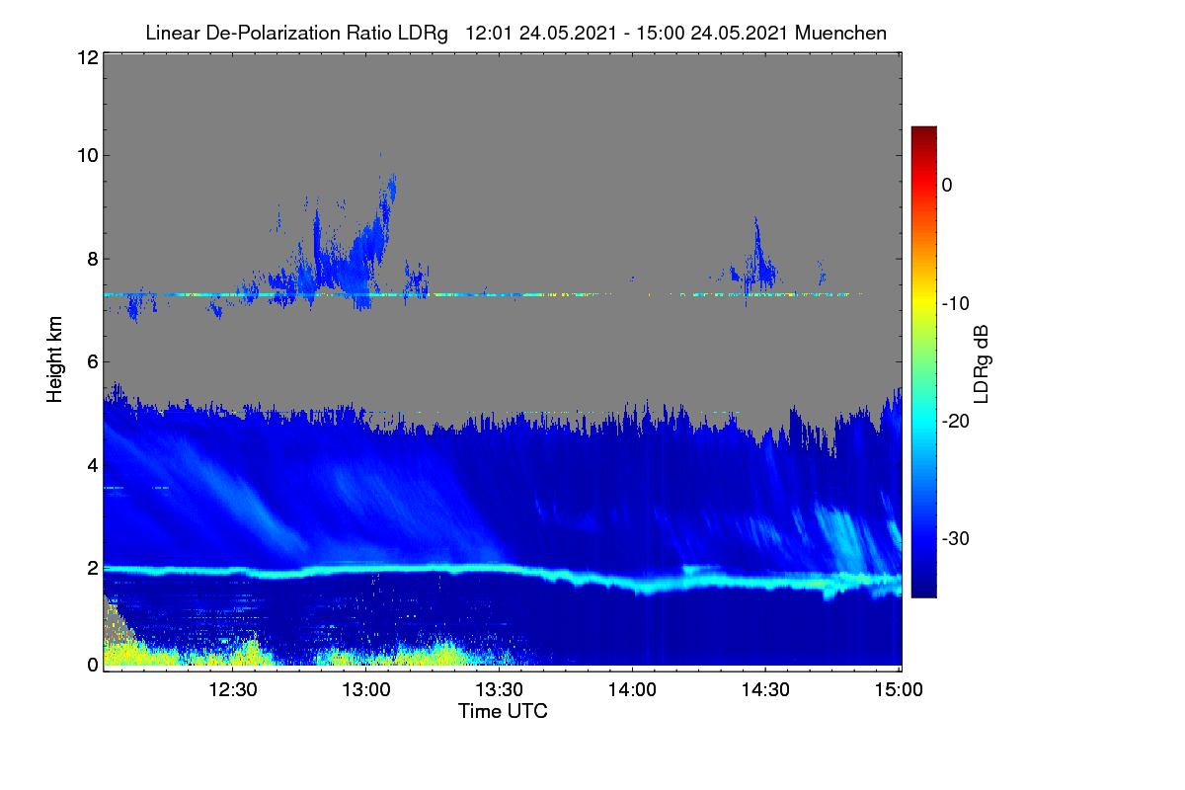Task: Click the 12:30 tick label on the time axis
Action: pos(233,690)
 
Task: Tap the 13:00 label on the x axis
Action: pos(366,690)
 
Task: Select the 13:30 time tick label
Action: pos(499,690)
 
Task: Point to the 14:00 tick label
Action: pos(632,690)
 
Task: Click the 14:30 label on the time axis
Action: pos(765,690)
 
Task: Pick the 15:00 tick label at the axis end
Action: pos(899,690)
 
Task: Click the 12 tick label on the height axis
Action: pos(88,57)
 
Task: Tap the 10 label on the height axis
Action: pos(88,156)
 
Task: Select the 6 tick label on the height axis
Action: pos(93,362)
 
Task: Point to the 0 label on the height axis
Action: pos(93,666)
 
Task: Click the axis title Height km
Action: pos(54,359)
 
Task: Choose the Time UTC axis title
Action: pos(503,712)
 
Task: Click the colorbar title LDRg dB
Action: pos(982,364)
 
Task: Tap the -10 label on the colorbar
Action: pos(956,304)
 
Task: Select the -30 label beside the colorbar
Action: pos(956,538)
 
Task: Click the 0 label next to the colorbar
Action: pos(947,186)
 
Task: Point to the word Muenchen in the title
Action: pos(840,34)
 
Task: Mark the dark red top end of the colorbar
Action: pos(923,129)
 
